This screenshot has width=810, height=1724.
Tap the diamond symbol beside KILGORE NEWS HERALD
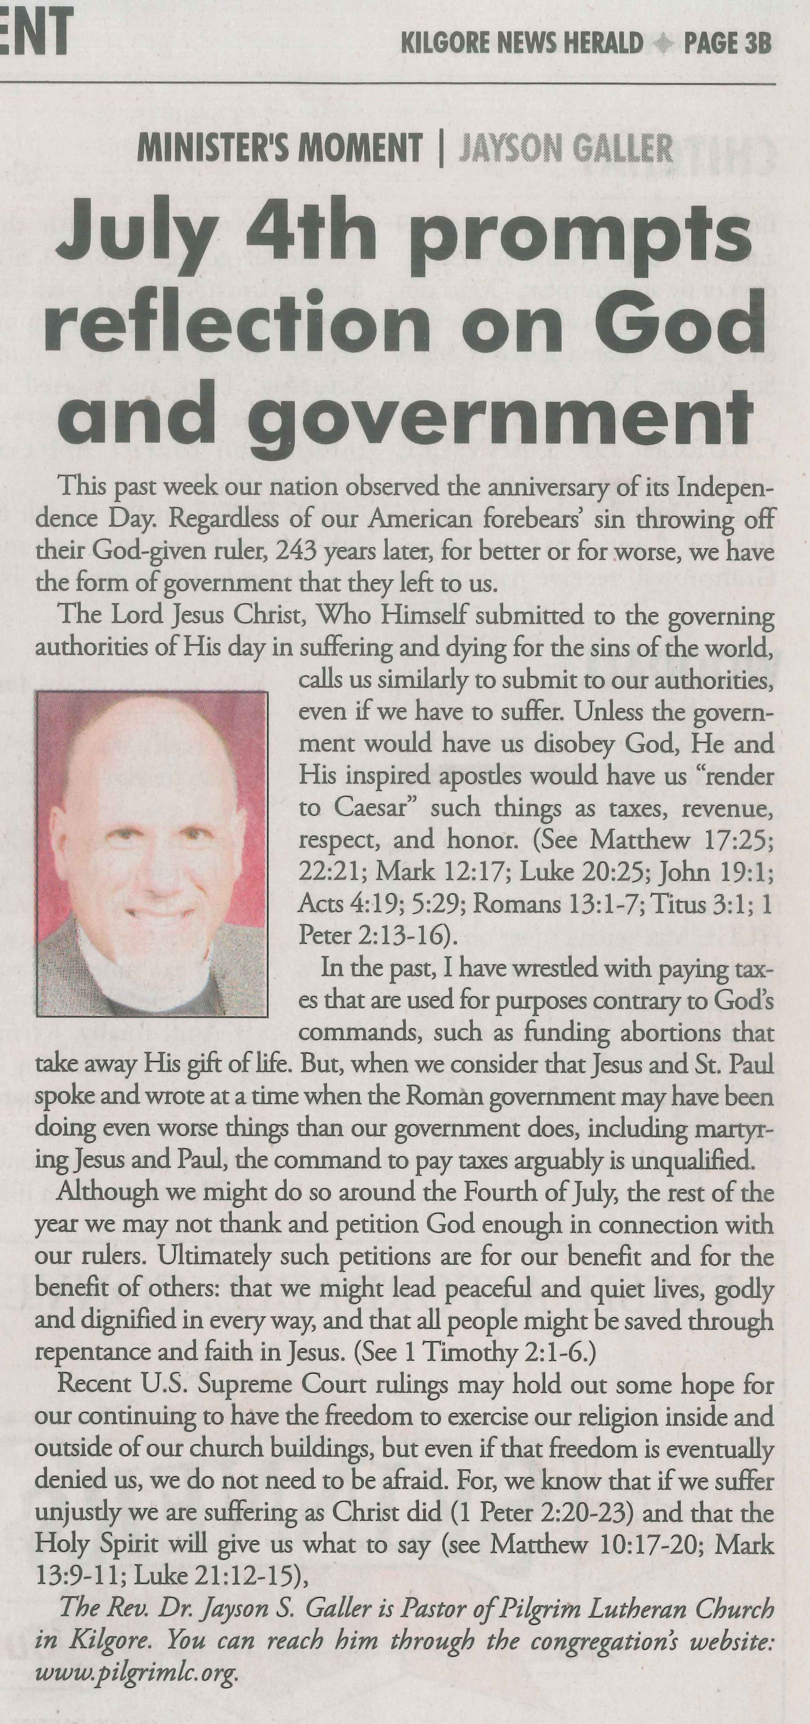pyautogui.click(x=663, y=44)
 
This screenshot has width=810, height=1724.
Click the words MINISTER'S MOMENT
pyautogui.click(x=280, y=148)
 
